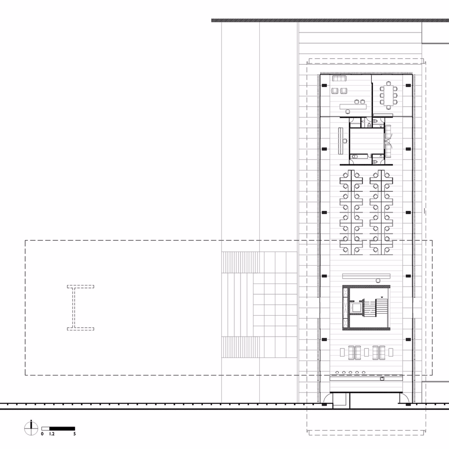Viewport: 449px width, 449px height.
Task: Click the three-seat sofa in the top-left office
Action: click(x=339, y=78)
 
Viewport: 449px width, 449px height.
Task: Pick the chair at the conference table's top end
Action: click(x=388, y=83)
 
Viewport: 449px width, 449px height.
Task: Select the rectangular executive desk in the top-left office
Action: click(x=353, y=106)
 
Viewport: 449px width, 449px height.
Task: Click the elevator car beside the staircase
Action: click(x=356, y=308)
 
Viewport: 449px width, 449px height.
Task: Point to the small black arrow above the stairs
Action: click(x=382, y=297)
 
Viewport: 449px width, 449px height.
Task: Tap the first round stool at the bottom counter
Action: click(x=337, y=373)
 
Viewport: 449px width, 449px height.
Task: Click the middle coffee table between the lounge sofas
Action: click(x=366, y=352)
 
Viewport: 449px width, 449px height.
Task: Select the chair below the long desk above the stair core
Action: click(x=378, y=280)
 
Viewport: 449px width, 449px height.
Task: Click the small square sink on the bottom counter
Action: click(x=382, y=379)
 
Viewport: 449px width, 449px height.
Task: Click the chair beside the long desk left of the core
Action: click(x=345, y=141)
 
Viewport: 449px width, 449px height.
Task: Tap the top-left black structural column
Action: click(x=324, y=85)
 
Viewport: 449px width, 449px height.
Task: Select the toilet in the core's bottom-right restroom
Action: click(x=375, y=162)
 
